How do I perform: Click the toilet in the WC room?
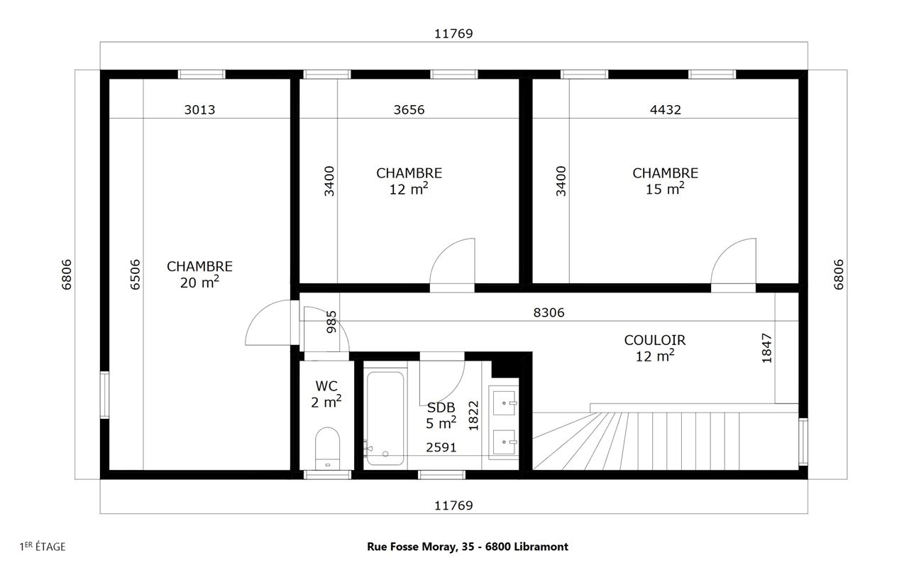327,448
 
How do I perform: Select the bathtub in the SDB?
385,418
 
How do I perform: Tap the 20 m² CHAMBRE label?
199,275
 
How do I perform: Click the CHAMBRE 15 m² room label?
665,181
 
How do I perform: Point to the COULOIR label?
654,340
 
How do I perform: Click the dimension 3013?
199,109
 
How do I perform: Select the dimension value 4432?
666,109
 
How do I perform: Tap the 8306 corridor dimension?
549,312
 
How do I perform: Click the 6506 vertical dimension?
135,275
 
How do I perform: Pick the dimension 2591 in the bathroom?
441,447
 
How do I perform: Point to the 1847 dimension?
766,348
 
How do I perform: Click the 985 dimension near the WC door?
331,322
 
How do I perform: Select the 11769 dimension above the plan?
453,33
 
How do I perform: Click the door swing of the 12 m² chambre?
441,252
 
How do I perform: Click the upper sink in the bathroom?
505,403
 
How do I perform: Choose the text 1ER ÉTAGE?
43,547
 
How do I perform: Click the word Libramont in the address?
541,547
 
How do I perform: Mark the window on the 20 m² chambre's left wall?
104,395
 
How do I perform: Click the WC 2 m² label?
326,394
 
